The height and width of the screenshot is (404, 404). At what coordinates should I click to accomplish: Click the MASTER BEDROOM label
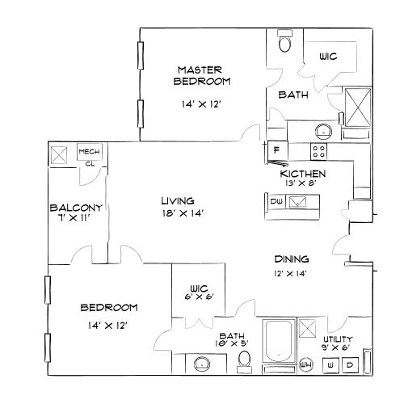[202, 76]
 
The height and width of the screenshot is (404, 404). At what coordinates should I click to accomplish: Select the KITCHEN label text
[303, 174]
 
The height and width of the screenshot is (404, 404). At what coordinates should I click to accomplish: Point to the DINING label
[292, 259]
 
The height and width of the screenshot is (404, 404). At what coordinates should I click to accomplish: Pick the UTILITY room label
[338, 340]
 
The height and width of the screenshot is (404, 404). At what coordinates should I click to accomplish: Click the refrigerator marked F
[276, 150]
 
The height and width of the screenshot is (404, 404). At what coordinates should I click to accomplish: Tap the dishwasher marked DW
[276, 201]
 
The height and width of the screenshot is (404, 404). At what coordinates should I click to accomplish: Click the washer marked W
[331, 364]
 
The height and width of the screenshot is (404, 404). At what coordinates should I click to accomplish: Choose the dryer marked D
[351, 364]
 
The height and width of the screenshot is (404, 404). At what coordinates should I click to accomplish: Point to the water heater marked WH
[305, 364]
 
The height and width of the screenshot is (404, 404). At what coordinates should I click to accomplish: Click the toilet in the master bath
[284, 44]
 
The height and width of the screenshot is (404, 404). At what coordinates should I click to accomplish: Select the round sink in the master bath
[323, 131]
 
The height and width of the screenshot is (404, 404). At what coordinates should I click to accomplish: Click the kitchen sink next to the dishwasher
[297, 201]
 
